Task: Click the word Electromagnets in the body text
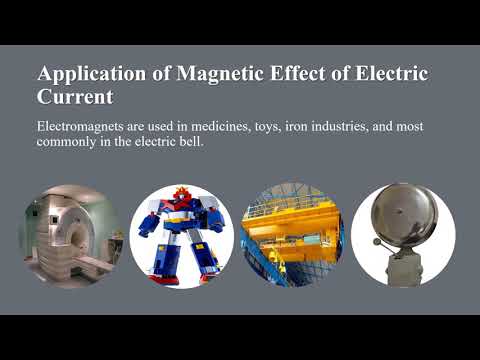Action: (83, 127)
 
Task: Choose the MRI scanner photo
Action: (69, 236)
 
